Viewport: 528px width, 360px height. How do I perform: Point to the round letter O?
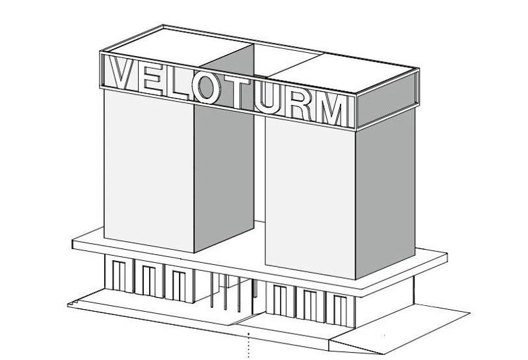pyautogui.click(x=206, y=88)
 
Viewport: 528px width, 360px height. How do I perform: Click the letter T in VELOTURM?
pyautogui.click(x=237, y=92)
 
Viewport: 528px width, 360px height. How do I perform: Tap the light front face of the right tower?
pyautogui.click(x=310, y=199)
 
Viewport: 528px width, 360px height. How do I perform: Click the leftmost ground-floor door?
pyautogui.click(x=119, y=275)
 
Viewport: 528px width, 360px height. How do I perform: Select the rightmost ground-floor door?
pyautogui.click(x=340, y=310)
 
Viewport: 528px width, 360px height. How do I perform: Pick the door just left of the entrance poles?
pyautogui.click(x=178, y=285)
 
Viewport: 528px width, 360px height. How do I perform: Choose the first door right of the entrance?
pyautogui.click(x=280, y=300)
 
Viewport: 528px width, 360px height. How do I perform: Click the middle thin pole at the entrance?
pyautogui.click(x=225, y=292)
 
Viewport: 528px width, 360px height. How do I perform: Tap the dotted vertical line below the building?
pyautogui.click(x=249, y=345)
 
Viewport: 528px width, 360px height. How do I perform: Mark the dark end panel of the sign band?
pyautogui.click(x=387, y=100)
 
